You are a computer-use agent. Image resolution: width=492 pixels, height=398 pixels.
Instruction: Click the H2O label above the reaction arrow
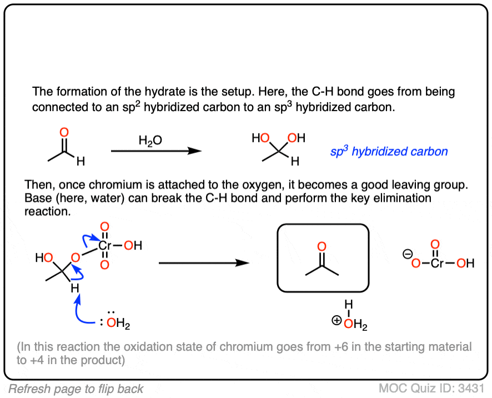coord(150,142)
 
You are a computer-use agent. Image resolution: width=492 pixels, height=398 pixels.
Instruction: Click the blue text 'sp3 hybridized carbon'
coord(389,151)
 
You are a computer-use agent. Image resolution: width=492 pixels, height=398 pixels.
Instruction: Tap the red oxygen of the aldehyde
coord(64,132)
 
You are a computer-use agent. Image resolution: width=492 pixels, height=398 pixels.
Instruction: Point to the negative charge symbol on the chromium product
coord(406,254)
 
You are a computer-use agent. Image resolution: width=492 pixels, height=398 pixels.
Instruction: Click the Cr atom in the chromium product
coord(437,263)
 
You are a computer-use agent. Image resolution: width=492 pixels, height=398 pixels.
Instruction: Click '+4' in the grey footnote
coord(40,360)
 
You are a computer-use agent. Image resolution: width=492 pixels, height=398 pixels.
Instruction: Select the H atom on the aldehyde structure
coord(81,162)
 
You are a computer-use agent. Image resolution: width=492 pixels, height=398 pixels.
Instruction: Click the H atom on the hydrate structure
coord(295,162)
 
